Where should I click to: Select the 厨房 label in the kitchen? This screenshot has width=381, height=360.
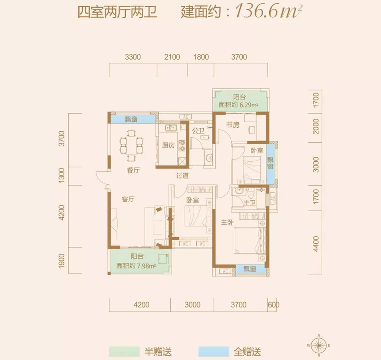pyautogui.click(x=168, y=145)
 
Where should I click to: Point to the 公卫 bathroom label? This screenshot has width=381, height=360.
pyautogui.click(x=198, y=130)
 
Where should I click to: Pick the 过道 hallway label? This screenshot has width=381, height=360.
pyautogui.click(x=183, y=176)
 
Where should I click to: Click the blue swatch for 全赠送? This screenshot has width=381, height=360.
pyautogui.click(x=213, y=351)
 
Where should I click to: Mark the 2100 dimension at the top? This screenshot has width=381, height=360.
pyautogui.click(x=171, y=57)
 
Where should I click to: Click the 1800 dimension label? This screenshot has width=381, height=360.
pyautogui.click(x=201, y=57)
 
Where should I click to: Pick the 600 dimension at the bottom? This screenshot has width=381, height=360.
pyautogui.click(x=274, y=305)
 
